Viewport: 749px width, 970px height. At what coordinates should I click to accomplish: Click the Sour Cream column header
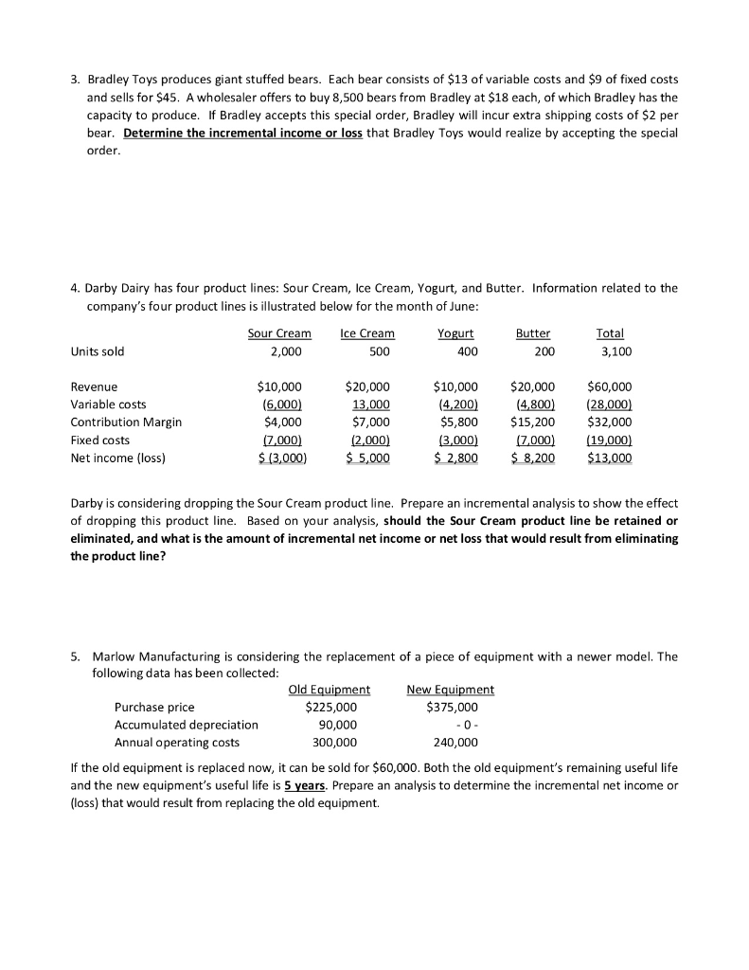pyautogui.click(x=278, y=333)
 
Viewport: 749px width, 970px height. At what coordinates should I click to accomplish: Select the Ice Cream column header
pyautogui.click(x=366, y=333)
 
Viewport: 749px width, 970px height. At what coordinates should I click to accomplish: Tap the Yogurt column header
pyautogui.click(x=455, y=333)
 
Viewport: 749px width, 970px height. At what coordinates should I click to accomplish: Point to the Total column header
pyautogui.click(x=610, y=333)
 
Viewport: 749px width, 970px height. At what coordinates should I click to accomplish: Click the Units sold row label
pyautogui.click(x=98, y=351)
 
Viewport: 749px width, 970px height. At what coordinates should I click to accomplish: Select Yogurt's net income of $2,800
pyautogui.click(x=455, y=458)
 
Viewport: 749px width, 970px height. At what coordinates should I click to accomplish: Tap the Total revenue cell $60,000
pyautogui.click(x=610, y=386)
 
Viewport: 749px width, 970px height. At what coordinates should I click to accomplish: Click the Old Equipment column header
pyautogui.click(x=329, y=690)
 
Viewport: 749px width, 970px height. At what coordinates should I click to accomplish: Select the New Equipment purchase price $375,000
pyautogui.click(x=454, y=707)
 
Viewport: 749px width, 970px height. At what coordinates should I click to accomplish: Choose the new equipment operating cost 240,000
pyautogui.click(x=457, y=743)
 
